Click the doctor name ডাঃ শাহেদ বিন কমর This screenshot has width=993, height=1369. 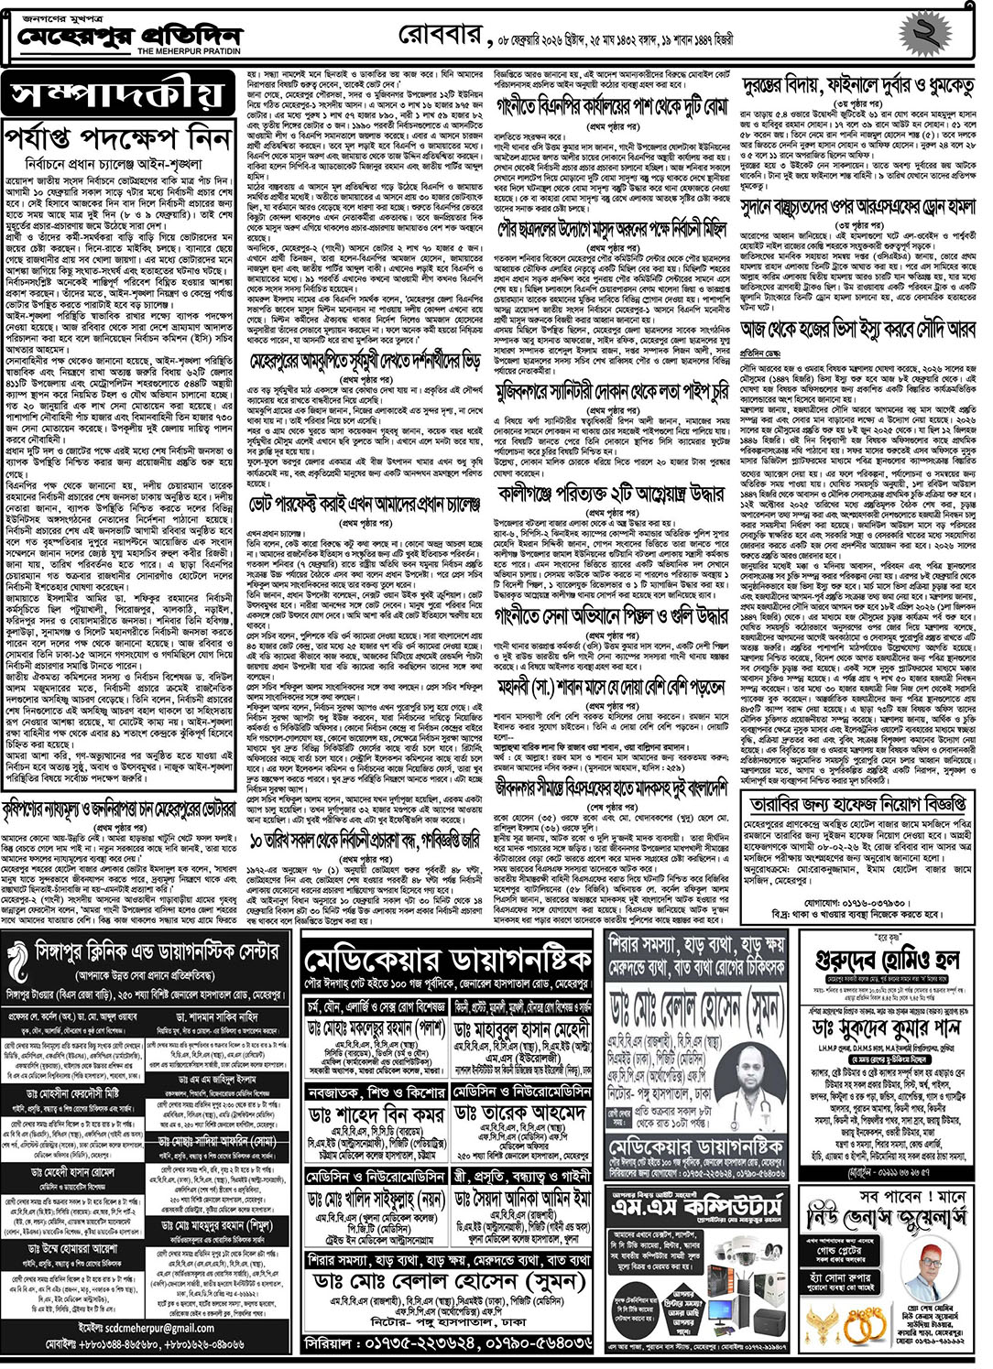(x=377, y=1113)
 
